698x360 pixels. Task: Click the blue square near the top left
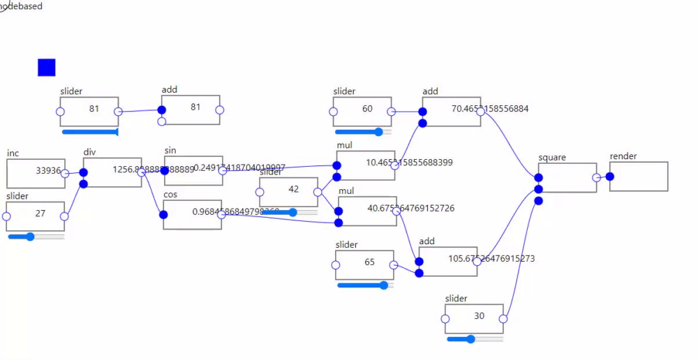47,68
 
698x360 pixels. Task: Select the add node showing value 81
191,110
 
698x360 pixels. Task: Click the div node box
112,172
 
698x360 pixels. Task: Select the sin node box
193,171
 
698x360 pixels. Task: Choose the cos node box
193,215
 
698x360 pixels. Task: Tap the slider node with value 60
362,112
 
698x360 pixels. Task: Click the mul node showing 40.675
367,211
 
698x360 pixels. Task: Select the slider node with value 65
364,265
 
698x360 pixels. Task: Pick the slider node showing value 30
474,319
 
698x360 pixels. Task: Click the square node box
567,178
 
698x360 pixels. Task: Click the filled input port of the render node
610,177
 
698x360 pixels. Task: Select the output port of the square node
596,178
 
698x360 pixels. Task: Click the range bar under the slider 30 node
475,339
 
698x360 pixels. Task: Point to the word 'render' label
623,156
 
